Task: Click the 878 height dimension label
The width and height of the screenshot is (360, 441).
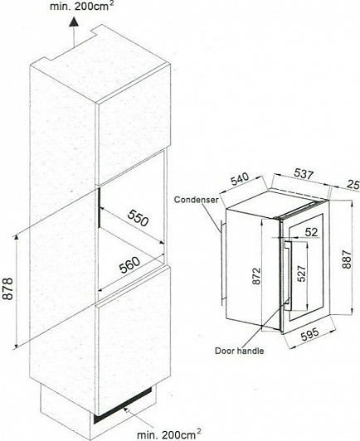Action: tap(8, 288)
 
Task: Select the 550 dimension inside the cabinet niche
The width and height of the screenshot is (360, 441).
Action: tap(138, 218)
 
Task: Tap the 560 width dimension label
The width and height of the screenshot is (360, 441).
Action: tap(129, 265)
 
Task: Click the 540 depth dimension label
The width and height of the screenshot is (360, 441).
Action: tap(240, 179)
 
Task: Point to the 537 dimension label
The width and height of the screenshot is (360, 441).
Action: tap(304, 173)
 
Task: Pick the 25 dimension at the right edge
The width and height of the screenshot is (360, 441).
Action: tap(353, 185)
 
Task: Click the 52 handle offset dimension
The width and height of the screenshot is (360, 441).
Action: tap(312, 232)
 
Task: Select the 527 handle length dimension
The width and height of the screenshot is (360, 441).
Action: tap(301, 274)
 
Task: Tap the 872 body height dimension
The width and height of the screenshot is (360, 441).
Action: tap(256, 277)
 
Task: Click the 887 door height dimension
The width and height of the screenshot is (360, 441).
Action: tap(347, 259)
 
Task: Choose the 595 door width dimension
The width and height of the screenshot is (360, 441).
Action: tap(310, 334)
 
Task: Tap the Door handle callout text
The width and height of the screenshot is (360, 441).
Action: tap(240, 351)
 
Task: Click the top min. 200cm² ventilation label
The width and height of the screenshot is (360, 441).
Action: tap(81, 6)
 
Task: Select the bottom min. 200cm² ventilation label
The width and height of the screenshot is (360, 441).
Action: tap(169, 434)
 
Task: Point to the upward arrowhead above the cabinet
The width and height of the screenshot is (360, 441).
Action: tap(74, 22)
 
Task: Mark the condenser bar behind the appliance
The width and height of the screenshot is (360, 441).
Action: tap(222, 263)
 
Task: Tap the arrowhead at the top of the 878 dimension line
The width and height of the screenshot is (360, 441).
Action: tap(17, 238)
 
